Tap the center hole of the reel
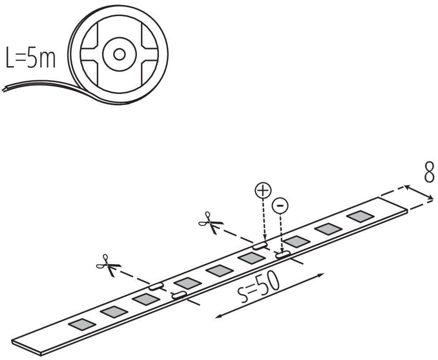119,54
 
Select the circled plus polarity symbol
263,191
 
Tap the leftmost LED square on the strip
82,324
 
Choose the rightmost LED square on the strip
360,216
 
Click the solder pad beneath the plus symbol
260,244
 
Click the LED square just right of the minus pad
296,241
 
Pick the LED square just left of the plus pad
251,258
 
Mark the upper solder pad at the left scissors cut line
156,286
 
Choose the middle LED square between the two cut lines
219,270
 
